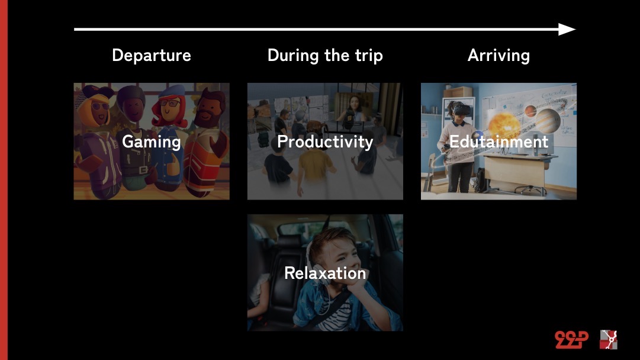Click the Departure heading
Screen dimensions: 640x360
click(152, 56)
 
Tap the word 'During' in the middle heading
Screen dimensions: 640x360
click(293, 56)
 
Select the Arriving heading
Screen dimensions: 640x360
click(499, 56)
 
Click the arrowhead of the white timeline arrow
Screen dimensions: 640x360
click(567, 30)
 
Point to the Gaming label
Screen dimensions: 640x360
click(152, 142)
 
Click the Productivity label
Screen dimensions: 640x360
click(325, 142)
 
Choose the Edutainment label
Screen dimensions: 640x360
click(499, 142)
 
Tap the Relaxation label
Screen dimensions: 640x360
click(325, 273)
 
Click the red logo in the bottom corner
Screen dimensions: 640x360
click(571, 339)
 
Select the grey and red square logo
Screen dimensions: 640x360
click(608, 340)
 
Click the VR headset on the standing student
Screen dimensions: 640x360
click(462, 110)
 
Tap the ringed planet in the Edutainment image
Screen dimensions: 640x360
click(547, 120)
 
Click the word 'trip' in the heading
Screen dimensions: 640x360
click(369, 56)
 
